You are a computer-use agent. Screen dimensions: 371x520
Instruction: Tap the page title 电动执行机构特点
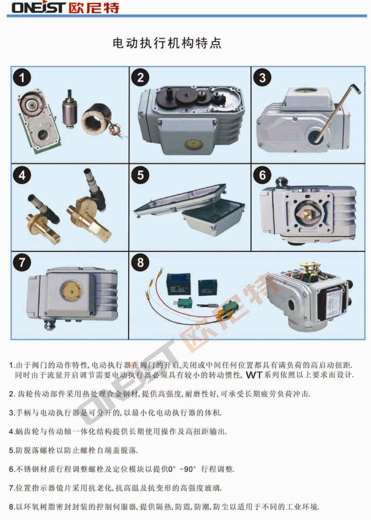click(167, 43)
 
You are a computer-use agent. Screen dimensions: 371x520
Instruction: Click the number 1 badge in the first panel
click(22, 78)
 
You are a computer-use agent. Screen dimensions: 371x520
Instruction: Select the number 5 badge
click(141, 175)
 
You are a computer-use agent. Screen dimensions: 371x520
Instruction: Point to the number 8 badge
click(141, 262)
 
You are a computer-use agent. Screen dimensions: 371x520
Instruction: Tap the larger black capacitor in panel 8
click(179, 284)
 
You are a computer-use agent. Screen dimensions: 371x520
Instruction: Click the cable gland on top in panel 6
click(282, 183)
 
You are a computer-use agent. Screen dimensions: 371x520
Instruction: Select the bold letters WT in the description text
click(254, 376)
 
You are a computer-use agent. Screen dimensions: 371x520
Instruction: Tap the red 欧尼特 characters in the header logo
click(94, 8)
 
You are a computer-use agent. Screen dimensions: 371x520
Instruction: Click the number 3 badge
click(262, 78)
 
